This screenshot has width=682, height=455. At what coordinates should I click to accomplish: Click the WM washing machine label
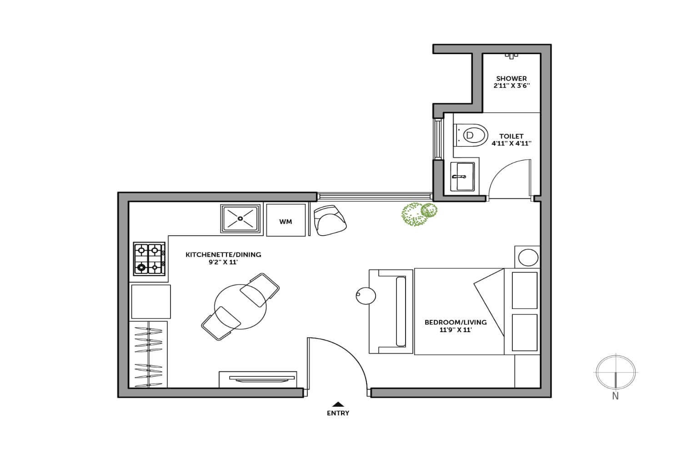[x=286, y=222]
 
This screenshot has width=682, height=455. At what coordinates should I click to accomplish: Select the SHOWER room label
[x=511, y=79]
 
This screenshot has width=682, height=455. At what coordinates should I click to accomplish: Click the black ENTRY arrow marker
[x=338, y=404]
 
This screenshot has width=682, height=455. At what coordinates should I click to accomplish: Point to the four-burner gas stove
[x=149, y=258]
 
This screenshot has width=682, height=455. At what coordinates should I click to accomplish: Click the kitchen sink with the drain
[x=241, y=218]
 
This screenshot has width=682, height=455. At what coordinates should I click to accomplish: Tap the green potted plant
[x=419, y=214]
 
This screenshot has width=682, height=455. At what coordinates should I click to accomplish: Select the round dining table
[x=240, y=306]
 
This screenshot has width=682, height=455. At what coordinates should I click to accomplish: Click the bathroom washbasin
[x=462, y=177]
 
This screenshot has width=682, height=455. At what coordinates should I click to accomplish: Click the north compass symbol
[x=616, y=372]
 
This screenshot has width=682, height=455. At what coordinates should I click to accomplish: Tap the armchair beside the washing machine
[x=330, y=220]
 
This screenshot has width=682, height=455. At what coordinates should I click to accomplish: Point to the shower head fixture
[x=511, y=56]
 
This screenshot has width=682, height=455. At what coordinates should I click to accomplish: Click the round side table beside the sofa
[x=366, y=296]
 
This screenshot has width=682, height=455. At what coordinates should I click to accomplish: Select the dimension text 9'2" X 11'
[x=223, y=262]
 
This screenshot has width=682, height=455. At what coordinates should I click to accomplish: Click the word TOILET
[x=511, y=136]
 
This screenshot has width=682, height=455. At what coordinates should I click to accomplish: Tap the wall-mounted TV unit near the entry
[x=258, y=379]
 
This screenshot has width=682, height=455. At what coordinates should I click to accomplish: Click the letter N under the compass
[x=615, y=396]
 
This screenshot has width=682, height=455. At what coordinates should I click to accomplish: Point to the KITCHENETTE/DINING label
[x=224, y=254]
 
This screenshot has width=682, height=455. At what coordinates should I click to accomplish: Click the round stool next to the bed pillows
[x=528, y=257]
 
